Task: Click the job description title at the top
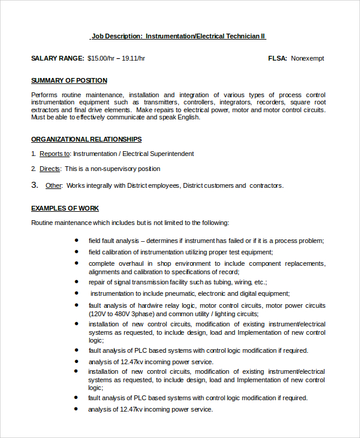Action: [x=178, y=37]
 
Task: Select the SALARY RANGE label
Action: [x=58, y=58]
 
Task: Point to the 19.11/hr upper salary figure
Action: [x=134, y=58]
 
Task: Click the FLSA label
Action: [x=277, y=58]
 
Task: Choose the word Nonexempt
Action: [x=307, y=58]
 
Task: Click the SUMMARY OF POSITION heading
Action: [x=69, y=80]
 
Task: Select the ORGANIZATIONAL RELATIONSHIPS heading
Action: [x=86, y=139]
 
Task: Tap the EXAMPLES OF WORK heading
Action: [x=65, y=208]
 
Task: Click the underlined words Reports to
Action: [x=55, y=154]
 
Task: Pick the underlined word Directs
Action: [x=50, y=169]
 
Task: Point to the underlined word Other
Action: [x=53, y=186]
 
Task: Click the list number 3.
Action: [x=34, y=185]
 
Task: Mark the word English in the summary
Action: [x=186, y=117]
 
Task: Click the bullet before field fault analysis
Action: [x=76, y=240]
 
